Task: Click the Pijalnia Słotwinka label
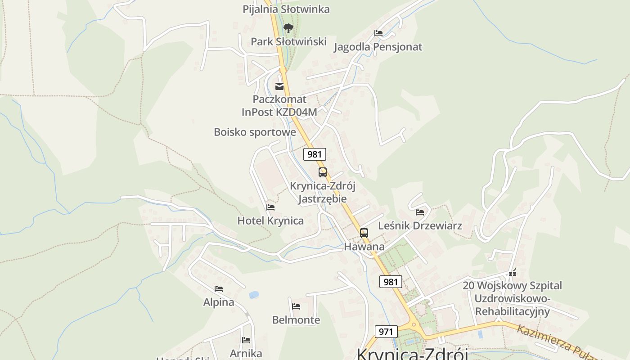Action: (286, 9)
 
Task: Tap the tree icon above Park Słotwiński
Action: (288, 28)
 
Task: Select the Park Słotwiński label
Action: (288, 41)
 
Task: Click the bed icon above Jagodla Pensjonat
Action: (378, 33)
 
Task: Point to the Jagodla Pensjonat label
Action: (378, 47)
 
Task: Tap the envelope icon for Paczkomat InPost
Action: (279, 86)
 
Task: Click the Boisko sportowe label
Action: (255, 132)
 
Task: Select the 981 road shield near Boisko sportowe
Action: (314, 154)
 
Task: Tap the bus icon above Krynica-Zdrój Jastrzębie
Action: (323, 172)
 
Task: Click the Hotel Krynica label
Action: (270, 220)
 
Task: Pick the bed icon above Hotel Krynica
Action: (270, 207)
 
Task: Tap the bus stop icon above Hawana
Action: (364, 233)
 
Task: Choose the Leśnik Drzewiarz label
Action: (420, 225)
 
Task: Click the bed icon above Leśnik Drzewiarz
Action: (420, 212)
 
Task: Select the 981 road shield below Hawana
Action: (390, 282)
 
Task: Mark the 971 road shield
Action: (386, 332)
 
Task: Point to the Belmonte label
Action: (296, 320)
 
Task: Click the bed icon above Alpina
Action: (219, 289)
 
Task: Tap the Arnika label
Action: (246, 353)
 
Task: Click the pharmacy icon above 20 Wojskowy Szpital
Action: (512, 273)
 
